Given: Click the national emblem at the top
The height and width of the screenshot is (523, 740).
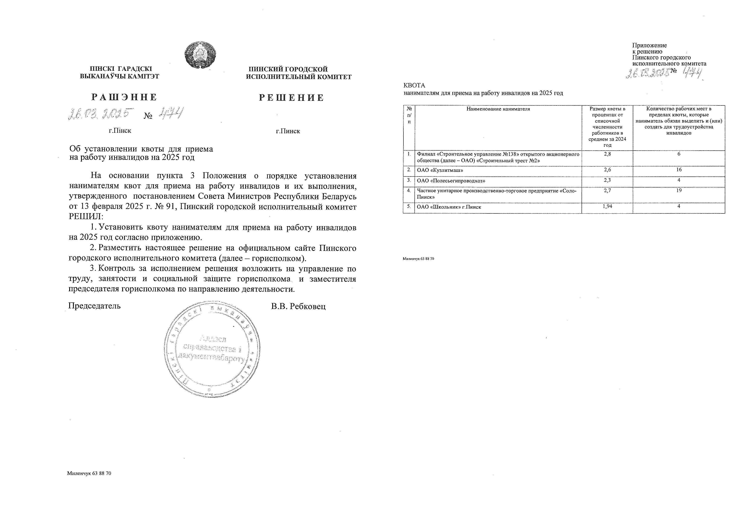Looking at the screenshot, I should [200, 54].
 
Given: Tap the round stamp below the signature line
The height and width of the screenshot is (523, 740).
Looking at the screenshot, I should [212, 349].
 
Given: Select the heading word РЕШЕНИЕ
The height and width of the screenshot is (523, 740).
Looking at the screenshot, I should [291, 98].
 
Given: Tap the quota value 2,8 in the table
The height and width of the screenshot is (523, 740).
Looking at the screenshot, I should [607, 154].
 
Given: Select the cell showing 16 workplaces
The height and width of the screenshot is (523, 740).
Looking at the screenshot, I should [679, 170].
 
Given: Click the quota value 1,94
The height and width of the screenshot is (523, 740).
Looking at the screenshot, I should [607, 206].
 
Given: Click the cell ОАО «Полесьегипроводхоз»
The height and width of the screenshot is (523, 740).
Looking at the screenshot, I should [451, 181].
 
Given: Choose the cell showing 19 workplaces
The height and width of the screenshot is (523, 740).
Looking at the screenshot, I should [679, 191].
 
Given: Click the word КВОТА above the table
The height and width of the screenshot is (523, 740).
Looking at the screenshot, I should [414, 86].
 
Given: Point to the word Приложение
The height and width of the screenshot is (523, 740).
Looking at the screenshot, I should [649, 45].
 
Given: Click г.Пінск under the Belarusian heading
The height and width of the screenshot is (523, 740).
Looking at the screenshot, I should [120, 131].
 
